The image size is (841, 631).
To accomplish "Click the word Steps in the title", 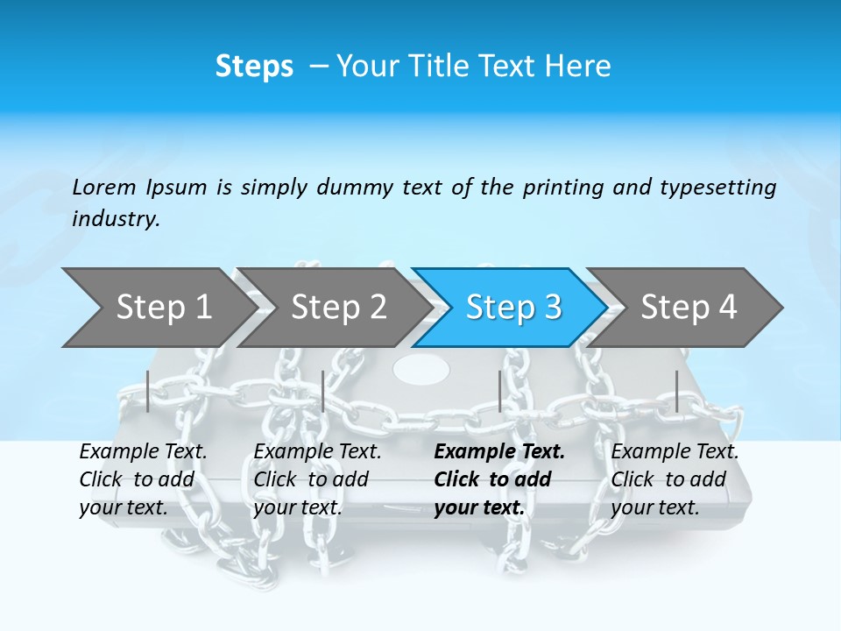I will click(254, 67).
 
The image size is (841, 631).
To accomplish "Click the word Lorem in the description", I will click(104, 187).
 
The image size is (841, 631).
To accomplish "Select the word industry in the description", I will click(115, 219).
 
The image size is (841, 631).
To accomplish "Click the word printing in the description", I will click(556, 187).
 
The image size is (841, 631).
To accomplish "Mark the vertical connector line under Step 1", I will click(148, 391).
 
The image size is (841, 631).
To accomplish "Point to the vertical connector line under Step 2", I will click(323, 391).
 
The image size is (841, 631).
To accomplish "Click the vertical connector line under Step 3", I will click(499, 391).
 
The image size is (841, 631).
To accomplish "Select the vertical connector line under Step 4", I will click(676, 391).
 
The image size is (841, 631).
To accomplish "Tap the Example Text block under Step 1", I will click(143, 479).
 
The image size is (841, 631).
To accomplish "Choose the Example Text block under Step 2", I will click(317, 479).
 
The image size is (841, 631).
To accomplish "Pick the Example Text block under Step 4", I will click(675, 479).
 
